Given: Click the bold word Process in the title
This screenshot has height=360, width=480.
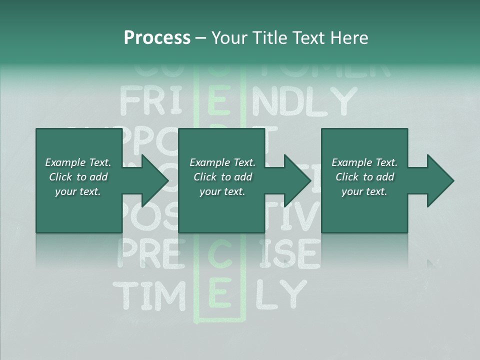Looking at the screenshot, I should click(x=157, y=37).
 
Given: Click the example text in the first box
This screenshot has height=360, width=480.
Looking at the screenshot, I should click(x=78, y=177).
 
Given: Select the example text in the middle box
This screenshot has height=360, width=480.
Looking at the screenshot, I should click(x=222, y=177).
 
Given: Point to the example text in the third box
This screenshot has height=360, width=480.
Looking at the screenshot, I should click(x=364, y=177).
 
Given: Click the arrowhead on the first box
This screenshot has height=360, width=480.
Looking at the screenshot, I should click(x=153, y=180).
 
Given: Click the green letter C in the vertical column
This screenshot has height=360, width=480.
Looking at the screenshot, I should click(x=219, y=253).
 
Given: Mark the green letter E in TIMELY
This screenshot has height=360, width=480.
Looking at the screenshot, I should click(x=219, y=295).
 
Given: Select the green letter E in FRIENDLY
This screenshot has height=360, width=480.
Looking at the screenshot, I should click(x=219, y=101).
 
